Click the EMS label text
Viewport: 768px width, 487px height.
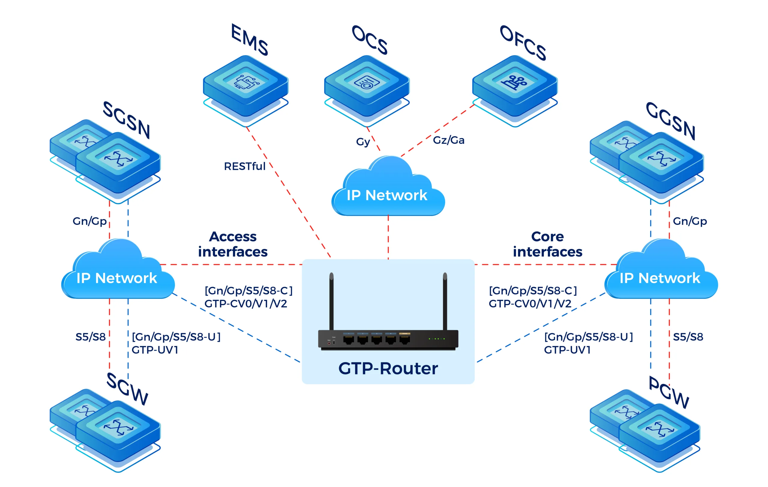[x=250, y=40]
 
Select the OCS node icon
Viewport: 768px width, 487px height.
[x=367, y=84]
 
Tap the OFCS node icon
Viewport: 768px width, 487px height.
[x=515, y=84]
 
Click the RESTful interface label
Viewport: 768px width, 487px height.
[x=244, y=166]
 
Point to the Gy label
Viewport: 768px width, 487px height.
[x=363, y=142]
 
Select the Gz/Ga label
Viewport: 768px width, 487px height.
[x=448, y=140]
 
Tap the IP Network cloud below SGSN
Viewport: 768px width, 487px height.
[x=117, y=274]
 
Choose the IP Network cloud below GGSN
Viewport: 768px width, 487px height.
[x=661, y=274]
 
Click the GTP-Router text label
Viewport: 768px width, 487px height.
[x=388, y=368]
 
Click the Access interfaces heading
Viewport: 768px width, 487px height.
[x=233, y=244]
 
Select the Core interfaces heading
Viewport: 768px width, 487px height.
[x=547, y=244]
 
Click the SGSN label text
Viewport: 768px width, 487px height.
[x=127, y=120]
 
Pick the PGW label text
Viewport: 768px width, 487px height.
[x=669, y=392]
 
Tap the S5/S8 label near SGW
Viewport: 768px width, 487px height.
[x=90, y=337]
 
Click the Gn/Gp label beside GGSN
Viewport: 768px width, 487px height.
[x=689, y=221]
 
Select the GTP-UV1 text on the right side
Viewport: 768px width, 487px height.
[x=567, y=350]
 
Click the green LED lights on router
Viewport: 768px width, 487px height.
[x=436, y=338]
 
